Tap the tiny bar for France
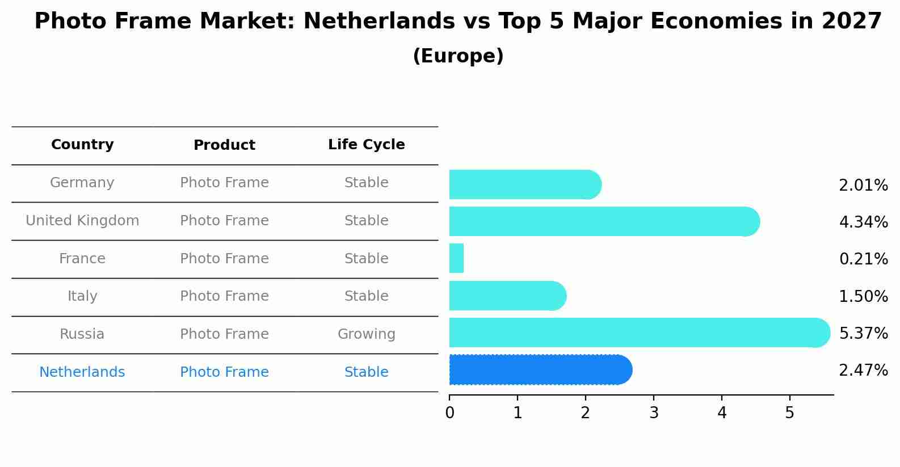[456, 258]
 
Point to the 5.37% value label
[863, 333]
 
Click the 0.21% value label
[863, 259]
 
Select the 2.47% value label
[863, 371]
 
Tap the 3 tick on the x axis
[654, 413]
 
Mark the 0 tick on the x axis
[449, 413]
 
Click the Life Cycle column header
[366, 145]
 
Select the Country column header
[82, 145]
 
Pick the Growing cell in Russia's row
[366, 334]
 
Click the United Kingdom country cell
[82, 221]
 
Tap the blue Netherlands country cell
[82, 372]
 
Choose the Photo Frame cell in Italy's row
[224, 296]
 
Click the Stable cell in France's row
[366, 259]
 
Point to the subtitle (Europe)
[458, 56]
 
